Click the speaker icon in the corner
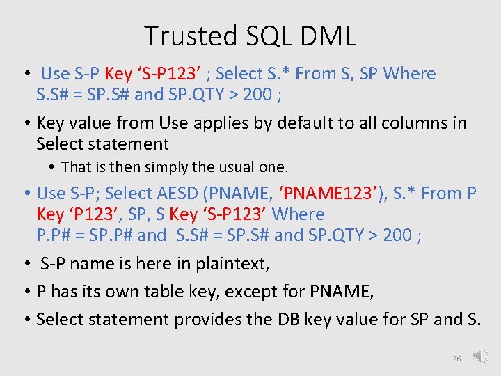(479, 356)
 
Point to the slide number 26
(456, 359)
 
